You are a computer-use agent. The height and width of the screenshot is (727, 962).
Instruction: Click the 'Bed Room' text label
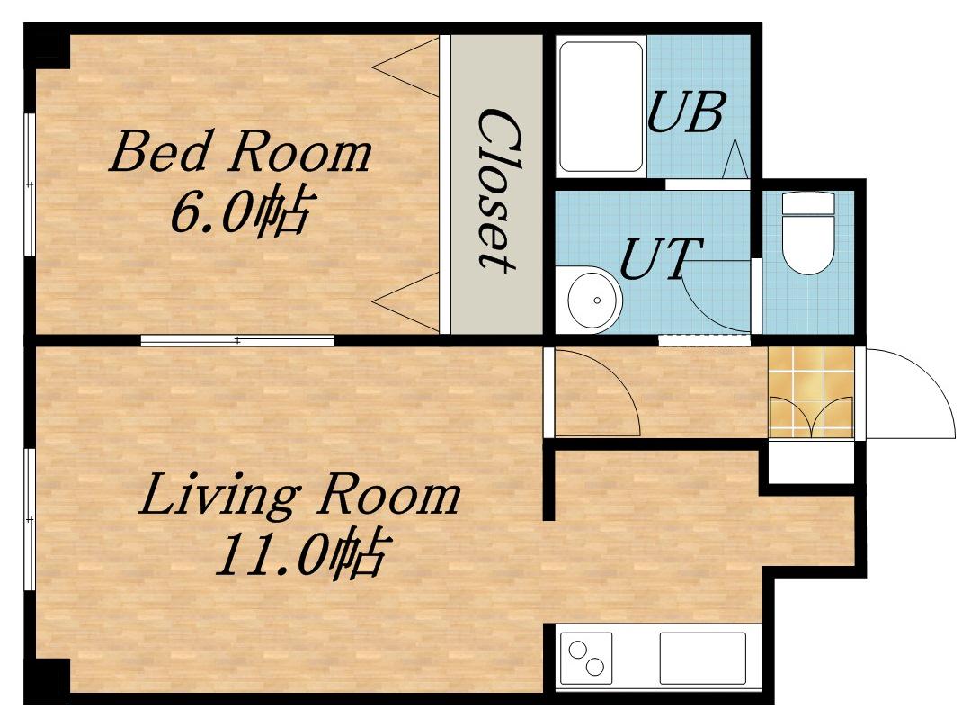pos(241,151)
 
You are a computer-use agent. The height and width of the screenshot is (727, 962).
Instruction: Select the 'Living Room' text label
pos(299,493)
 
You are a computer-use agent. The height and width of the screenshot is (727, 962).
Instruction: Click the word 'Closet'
pos(496,189)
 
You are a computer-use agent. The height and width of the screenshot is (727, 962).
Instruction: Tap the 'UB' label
pos(687,112)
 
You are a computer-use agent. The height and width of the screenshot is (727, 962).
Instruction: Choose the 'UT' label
pos(660,258)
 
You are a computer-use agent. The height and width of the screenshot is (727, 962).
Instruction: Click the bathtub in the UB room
pos(601,106)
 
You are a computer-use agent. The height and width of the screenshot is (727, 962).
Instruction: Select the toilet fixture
pos(808,233)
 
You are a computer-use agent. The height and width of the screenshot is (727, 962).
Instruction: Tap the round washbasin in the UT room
pos(594,300)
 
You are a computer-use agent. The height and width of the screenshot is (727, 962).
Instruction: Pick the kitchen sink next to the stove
pos(703,658)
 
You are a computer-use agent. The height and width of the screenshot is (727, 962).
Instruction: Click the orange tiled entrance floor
pos(811,392)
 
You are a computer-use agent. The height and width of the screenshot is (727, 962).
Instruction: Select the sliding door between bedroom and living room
pos(237,340)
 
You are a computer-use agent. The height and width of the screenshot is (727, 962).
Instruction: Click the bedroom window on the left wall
pos(30,184)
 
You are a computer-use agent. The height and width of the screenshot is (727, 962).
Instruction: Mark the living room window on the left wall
pos(30,519)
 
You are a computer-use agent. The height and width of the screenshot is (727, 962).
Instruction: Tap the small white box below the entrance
pos(811,462)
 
